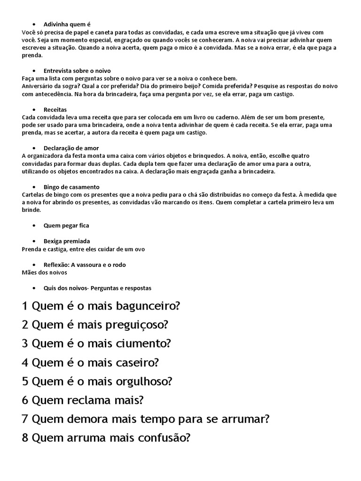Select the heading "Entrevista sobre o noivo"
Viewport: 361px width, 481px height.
point(77,70)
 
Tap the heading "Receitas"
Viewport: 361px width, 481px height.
point(55,109)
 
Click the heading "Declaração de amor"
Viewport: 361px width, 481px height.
point(71,148)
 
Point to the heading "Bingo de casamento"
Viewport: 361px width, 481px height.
point(71,187)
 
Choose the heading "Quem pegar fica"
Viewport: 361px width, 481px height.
point(66,225)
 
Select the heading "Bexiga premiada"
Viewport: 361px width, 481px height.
point(67,241)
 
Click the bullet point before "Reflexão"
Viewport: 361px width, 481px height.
point(34,265)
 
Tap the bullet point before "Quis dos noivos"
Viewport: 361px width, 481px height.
point(34,288)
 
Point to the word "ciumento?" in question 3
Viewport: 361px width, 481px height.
point(145,343)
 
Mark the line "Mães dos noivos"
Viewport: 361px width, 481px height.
point(45,272)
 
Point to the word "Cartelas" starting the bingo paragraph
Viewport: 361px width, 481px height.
point(33,194)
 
